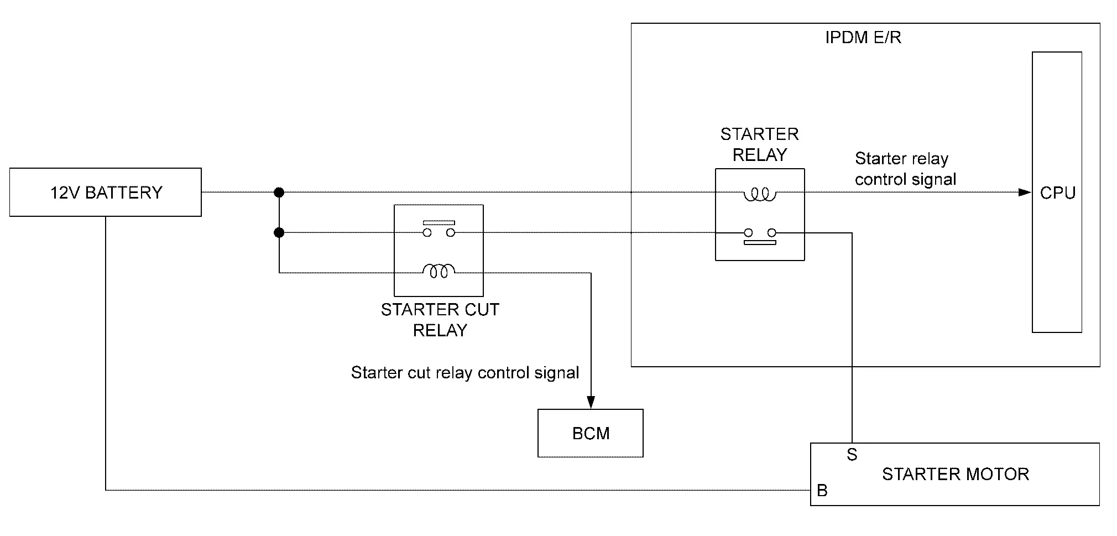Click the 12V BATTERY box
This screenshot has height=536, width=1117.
[x=105, y=192]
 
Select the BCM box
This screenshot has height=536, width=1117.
[x=590, y=433]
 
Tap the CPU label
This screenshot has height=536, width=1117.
[x=1057, y=193]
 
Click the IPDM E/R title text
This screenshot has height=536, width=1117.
[x=863, y=38]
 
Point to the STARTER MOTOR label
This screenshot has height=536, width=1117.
[x=955, y=474]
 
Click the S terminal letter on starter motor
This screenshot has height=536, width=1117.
[x=852, y=455]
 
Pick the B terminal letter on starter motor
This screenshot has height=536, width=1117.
[x=822, y=491]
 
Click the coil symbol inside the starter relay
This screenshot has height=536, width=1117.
[x=760, y=194]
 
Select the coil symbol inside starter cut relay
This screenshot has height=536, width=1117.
[x=439, y=270]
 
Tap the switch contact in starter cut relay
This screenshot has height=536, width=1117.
[x=439, y=228]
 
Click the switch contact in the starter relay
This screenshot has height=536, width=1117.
[x=760, y=237]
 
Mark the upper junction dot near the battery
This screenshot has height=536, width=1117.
[x=279, y=192]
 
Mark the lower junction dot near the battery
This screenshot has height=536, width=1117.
[x=279, y=233]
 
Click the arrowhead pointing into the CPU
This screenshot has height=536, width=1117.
[x=1025, y=192]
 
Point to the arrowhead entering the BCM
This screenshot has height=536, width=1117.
[x=591, y=402]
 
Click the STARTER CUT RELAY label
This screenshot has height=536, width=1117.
[x=440, y=320]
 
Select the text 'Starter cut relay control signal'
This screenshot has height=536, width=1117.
[x=464, y=372]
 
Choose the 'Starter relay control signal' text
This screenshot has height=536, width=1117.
[x=905, y=169]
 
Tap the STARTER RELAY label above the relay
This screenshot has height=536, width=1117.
[x=759, y=144]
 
